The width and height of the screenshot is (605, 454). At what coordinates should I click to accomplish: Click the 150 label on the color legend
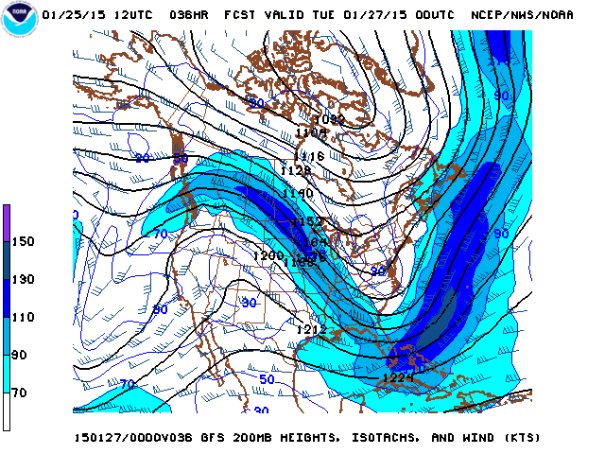22,241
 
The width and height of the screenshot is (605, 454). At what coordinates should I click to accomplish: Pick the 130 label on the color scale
22,279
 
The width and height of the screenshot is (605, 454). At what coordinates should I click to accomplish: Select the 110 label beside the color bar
22,317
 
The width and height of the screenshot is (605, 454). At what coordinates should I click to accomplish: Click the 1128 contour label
296,170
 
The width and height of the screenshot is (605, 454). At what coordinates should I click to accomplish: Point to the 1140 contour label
297,193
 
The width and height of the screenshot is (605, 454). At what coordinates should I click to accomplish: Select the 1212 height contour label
310,329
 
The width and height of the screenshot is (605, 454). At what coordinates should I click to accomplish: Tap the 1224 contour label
397,378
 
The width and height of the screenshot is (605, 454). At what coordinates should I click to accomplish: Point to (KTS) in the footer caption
520,438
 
